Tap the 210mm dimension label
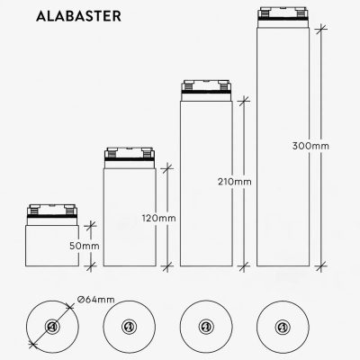(235, 182)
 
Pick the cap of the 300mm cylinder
(283, 17)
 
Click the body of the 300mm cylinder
(283, 144)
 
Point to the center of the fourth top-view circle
(283, 326)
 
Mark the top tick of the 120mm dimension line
(168, 166)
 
